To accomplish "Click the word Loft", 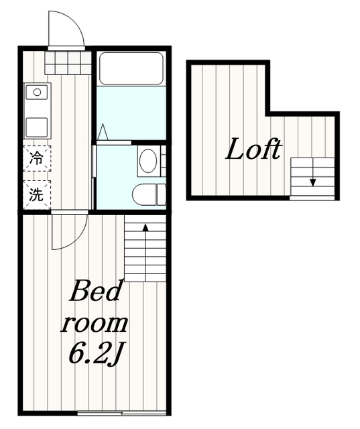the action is (253, 149).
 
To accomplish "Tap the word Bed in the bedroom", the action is (95, 291).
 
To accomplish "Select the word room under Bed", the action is (94, 324).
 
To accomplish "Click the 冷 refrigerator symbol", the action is (37, 158).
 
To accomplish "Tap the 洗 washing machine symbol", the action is (37, 194).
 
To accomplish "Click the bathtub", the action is (131, 68).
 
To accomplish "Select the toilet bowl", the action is (144, 194).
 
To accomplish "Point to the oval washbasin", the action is (148, 161).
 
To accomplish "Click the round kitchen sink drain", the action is (37, 93).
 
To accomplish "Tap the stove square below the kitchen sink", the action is (37, 127).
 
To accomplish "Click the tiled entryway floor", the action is (68, 62).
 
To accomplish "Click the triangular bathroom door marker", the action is (103, 132).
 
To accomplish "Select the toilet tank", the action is (162, 194).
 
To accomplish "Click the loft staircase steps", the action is (312, 177).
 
